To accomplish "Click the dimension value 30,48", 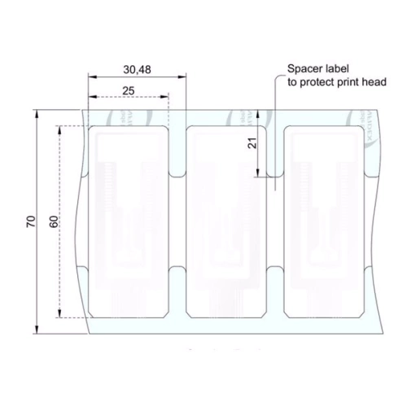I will point(137,70).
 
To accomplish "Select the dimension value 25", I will point(129,90).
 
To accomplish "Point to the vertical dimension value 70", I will point(30,221).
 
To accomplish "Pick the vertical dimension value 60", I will point(53,221).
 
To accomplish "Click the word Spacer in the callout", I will point(304,70).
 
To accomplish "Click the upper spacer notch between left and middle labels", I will point(177,173).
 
